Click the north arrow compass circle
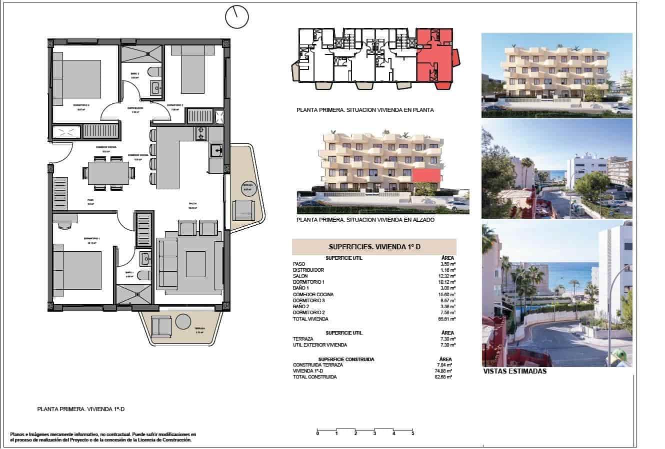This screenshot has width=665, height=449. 237,18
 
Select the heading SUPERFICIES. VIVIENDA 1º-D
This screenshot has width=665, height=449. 373,247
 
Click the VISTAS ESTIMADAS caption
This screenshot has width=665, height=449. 514,371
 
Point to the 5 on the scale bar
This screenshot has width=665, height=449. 412,434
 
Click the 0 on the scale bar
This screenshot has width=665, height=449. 317,434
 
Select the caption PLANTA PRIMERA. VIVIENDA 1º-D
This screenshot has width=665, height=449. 80,409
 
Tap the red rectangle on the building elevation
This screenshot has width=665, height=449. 426,176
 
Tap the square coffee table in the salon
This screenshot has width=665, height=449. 195,263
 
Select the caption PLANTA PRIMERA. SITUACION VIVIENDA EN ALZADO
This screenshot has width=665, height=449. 365,220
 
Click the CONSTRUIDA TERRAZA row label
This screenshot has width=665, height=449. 318,365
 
